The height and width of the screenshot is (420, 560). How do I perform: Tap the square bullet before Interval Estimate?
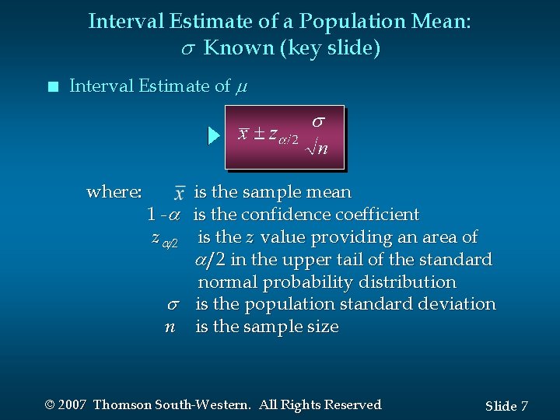[x=51, y=87]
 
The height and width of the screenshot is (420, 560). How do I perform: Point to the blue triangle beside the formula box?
[x=215, y=137]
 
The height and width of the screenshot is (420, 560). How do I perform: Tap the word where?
[x=114, y=191]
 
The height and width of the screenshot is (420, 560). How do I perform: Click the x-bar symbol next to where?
[x=180, y=192]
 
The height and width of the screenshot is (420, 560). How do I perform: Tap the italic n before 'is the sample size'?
[x=170, y=327]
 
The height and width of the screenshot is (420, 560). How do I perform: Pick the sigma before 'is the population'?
[x=173, y=304]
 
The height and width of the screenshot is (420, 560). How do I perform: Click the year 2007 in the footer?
[x=72, y=404]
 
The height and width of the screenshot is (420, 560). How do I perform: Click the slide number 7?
[x=524, y=406]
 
